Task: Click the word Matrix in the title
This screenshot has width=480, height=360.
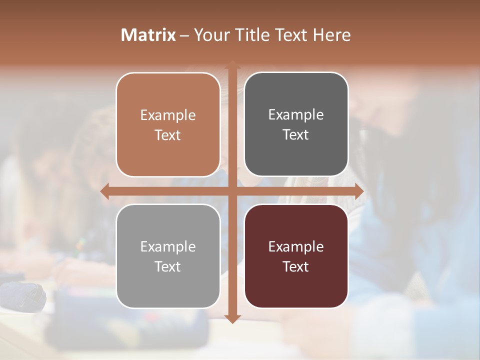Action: click(x=148, y=35)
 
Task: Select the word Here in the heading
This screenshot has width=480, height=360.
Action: click(x=331, y=35)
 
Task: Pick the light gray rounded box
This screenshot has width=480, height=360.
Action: click(x=168, y=285)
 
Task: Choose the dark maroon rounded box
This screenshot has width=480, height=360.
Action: click(x=296, y=285)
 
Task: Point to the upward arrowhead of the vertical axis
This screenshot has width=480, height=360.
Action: click(x=232, y=65)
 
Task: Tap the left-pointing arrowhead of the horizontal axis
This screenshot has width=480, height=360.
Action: click(x=105, y=191)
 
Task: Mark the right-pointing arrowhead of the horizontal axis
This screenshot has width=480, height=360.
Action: click(x=358, y=191)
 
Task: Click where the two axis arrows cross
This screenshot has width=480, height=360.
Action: click(x=232, y=191)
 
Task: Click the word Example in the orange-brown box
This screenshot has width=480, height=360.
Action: click(x=168, y=115)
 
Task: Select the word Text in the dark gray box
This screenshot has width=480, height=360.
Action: click(x=296, y=135)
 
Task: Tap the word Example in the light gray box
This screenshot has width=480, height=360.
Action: click(x=168, y=247)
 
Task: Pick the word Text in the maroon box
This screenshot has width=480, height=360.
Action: click(x=296, y=266)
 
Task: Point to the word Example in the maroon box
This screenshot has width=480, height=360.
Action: click(x=296, y=247)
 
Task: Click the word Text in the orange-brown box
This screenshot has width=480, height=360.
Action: click(x=168, y=135)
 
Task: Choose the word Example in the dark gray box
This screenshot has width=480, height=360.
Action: click(x=296, y=115)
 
